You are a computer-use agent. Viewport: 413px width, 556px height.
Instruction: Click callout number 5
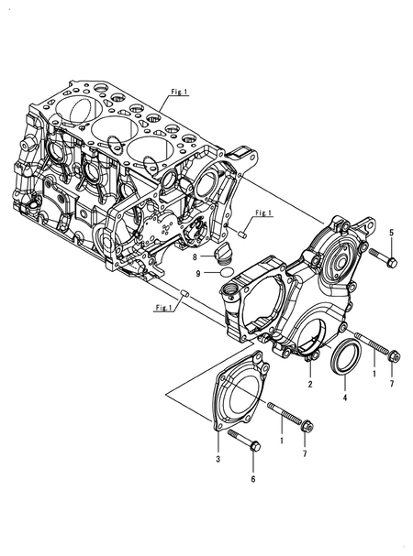pos(391,233)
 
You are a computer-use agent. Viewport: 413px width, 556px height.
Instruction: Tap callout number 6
pos(253,479)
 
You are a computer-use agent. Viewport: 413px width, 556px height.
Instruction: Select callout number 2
pos(310,384)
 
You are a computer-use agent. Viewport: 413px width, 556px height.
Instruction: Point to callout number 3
pos(218,459)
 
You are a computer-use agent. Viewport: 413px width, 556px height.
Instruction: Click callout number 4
pos(345,398)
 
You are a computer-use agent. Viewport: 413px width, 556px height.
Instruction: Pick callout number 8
pos(195,257)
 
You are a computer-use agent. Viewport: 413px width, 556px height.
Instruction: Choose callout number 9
pos(198,273)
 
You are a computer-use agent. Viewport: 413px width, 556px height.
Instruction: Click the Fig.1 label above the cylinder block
pos(179,92)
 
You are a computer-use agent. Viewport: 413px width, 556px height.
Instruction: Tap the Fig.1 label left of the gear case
pos(164,308)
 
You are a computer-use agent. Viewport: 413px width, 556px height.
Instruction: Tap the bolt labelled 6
pos(244,441)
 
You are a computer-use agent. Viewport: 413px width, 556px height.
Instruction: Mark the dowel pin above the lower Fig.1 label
pos(185,293)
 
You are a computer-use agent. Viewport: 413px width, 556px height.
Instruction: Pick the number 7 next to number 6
pos(305,453)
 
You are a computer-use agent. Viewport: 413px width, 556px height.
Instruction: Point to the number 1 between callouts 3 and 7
pos(282,441)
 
